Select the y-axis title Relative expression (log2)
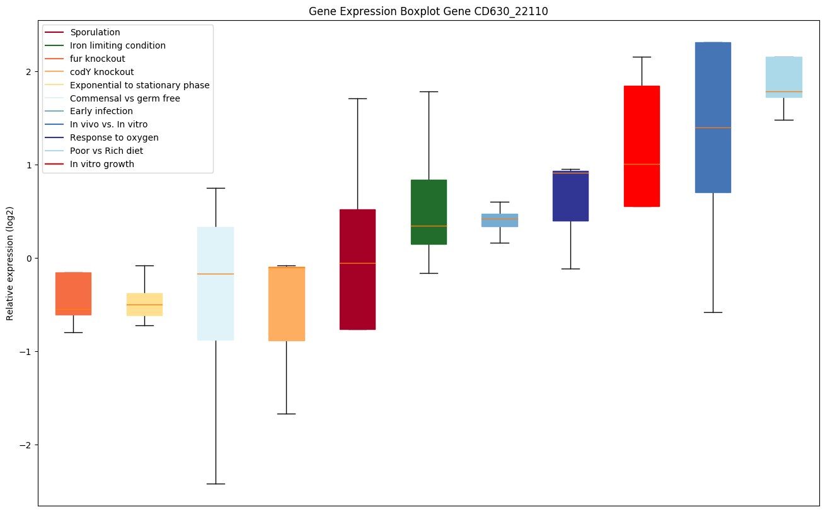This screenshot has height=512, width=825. (x=10, y=263)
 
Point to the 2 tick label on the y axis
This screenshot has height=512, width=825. (x=29, y=72)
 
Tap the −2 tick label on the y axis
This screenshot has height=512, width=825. (x=26, y=445)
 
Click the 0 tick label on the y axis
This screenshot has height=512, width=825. (x=29, y=259)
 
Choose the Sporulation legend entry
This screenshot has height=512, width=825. (x=95, y=32)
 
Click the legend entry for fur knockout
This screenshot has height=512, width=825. (x=97, y=59)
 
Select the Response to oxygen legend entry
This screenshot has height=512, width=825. (x=114, y=137)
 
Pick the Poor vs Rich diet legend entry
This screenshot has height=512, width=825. (x=106, y=151)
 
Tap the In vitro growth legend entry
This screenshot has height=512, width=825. (x=101, y=164)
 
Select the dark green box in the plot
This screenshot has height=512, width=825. (x=429, y=212)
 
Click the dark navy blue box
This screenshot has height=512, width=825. (x=570, y=196)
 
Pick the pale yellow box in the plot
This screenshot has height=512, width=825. (x=144, y=305)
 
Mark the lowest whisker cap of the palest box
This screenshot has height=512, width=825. (x=216, y=484)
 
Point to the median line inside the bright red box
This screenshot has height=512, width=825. (x=642, y=164)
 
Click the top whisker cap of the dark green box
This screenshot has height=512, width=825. (x=429, y=91)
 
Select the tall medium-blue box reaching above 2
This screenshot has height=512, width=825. (x=713, y=117)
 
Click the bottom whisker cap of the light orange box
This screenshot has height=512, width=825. (x=286, y=414)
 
